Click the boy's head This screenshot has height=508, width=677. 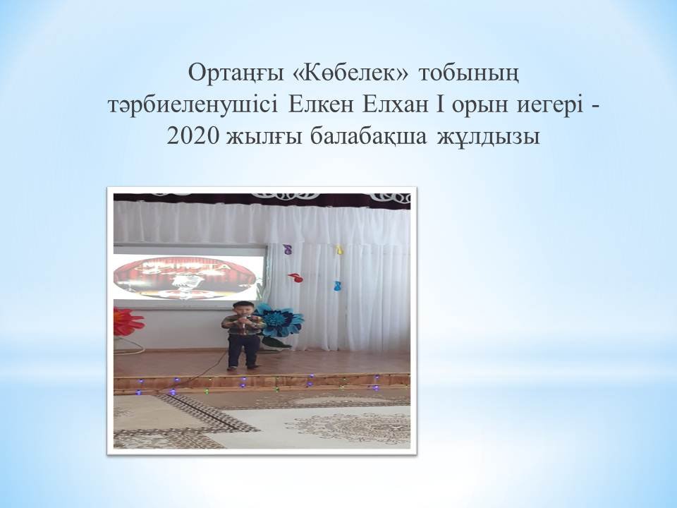tap(243, 309)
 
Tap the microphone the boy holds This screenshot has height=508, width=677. tap(245, 322)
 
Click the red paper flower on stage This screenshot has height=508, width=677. tap(128, 322)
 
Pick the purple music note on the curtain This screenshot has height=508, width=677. tap(287, 249)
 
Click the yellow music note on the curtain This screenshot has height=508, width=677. tap(339, 249)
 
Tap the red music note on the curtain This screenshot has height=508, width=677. tap(295, 277)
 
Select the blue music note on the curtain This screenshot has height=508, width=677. tap(338, 286)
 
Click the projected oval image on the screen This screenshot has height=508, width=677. tap(185, 277)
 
